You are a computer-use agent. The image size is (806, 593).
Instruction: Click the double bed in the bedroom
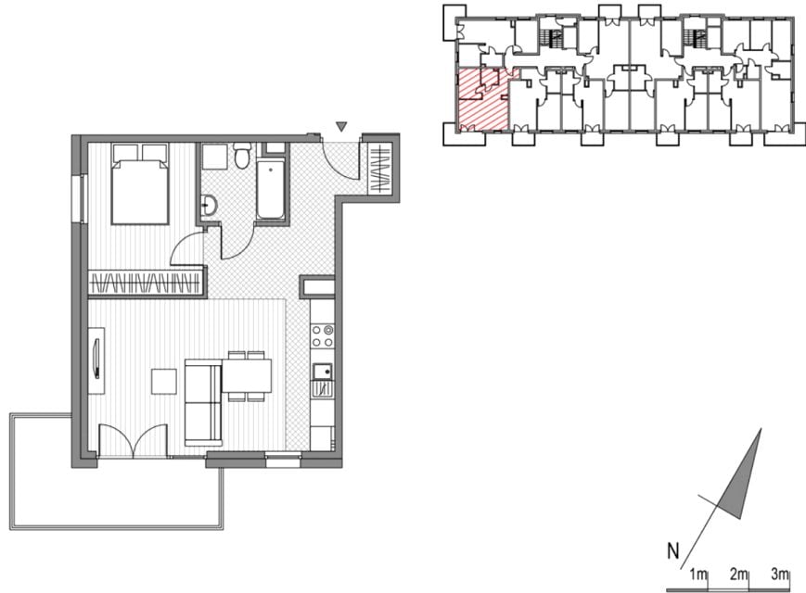tap(140, 183)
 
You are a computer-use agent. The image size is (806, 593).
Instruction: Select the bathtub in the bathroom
tap(271, 190)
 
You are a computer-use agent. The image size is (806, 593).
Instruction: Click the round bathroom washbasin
tap(209, 206)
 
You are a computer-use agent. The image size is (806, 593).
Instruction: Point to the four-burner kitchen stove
tap(323, 336)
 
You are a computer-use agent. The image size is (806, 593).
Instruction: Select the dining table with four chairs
tap(246, 376)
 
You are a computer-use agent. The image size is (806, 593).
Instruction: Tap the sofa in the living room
tap(203, 402)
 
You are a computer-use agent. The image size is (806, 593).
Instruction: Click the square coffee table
tap(164, 382)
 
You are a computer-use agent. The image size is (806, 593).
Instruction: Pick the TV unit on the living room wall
tap(96, 360)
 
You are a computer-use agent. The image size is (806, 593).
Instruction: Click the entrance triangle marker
tap(340, 126)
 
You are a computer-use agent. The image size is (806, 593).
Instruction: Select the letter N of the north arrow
tap(672, 551)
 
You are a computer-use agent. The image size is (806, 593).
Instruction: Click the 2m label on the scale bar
tap(738, 574)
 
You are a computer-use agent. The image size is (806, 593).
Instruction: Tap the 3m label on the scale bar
tap(780, 574)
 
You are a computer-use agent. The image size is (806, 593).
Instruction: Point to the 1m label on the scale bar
tap(698, 574)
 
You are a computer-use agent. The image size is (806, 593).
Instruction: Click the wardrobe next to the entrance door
tap(380, 169)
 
